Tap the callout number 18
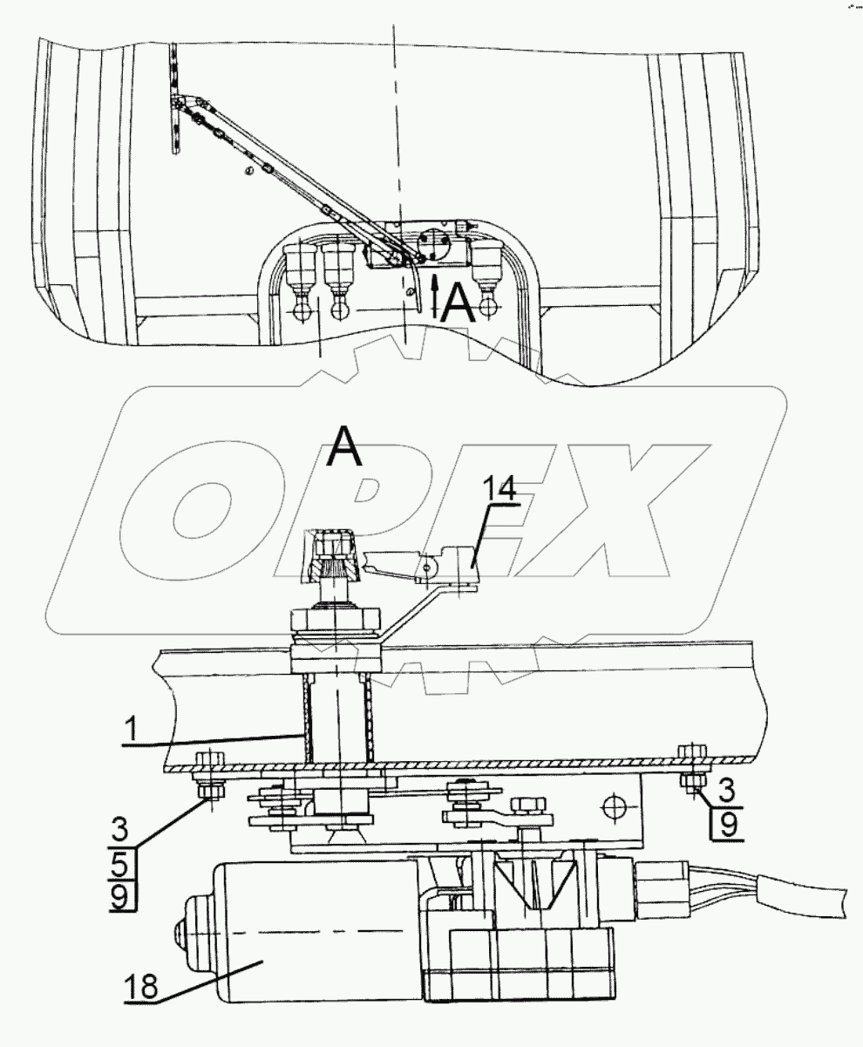141,987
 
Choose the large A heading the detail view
344,445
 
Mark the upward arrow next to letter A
435,296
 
